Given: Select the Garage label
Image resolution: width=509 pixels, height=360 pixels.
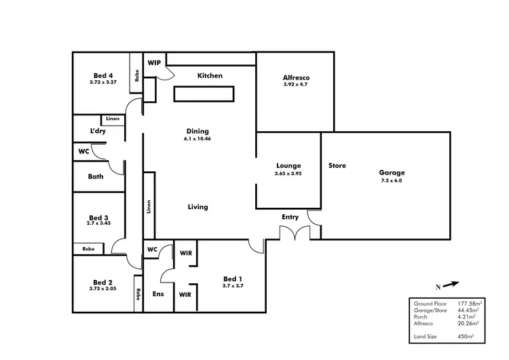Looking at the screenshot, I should pyautogui.click(x=393, y=173).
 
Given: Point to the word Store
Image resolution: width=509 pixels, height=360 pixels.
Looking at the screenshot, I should pyautogui.click(x=337, y=165).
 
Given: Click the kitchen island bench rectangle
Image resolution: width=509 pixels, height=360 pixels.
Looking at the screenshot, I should pyautogui.click(x=207, y=94).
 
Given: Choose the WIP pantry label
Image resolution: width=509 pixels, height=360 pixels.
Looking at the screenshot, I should pyautogui.click(x=154, y=62).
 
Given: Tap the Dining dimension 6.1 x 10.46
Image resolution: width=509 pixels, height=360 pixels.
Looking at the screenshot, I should pyautogui.click(x=197, y=139).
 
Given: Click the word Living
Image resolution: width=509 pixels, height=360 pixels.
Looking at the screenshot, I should pyautogui.click(x=198, y=207).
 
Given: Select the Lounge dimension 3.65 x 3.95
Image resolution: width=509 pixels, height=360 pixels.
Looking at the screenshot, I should pyautogui.click(x=288, y=174).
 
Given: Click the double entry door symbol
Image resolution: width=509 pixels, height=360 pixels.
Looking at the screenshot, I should pyautogui.click(x=295, y=233).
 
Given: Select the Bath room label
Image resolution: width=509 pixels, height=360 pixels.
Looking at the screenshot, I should pyautogui.click(x=96, y=177).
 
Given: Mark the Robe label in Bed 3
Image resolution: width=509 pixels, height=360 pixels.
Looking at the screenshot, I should pyautogui.click(x=88, y=249).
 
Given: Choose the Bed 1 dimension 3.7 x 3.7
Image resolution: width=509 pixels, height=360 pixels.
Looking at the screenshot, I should pyautogui.click(x=233, y=287).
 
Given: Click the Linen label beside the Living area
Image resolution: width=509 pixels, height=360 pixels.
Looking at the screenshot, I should pyautogui.click(x=148, y=206).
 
